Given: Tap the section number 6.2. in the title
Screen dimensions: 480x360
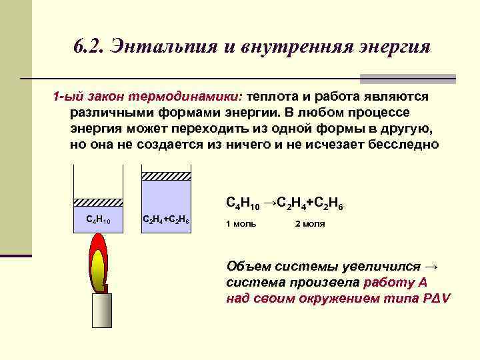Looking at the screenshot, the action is click(x=89, y=47).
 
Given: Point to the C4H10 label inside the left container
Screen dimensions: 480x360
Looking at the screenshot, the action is click(x=97, y=220).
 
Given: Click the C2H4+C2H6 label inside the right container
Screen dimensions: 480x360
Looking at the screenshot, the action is click(x=167, y=220).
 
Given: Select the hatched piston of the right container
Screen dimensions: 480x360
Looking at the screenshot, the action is click(x=167, y=176).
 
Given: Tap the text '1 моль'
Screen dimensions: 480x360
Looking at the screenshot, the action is click(x=241, y=224).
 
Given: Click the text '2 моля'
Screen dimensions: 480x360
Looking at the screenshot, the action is click(x=310, y=224).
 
